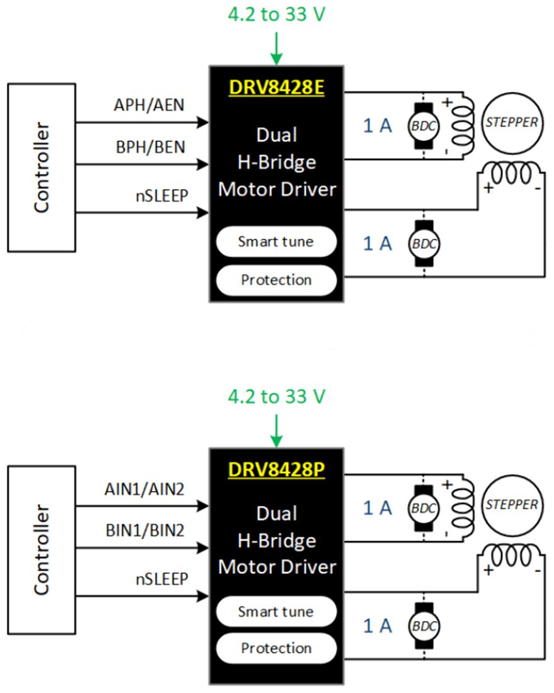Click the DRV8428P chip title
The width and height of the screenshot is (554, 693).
[276, 470]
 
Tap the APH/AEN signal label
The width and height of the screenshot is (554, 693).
[150, 105]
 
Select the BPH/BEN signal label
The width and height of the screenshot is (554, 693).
[150, 147]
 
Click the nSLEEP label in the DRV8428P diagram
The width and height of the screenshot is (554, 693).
[161, 578]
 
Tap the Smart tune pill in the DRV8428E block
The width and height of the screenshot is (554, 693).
[276, 241]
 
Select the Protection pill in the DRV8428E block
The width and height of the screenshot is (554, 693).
[276, 280]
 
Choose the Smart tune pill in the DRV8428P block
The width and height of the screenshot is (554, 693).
[276, 611]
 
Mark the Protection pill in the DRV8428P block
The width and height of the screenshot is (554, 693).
[276, 648]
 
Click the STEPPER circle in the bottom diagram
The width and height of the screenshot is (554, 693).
[512, 504]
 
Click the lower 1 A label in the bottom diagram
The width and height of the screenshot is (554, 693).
[378, 626]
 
